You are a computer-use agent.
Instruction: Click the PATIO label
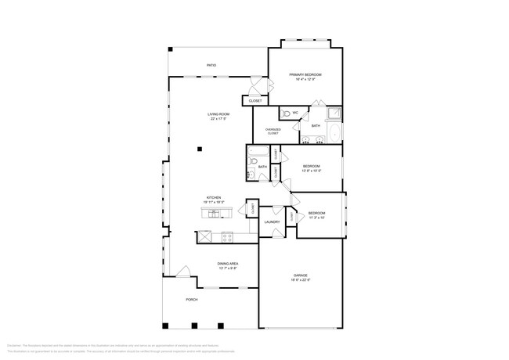[211, 66]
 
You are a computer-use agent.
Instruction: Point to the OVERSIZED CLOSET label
[273, 131]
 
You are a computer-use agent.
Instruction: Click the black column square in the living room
[200, 148]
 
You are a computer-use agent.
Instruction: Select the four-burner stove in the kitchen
[227, 236]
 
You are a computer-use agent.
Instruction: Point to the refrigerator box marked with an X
[204, 236]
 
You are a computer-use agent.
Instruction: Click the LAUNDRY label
[272, 222]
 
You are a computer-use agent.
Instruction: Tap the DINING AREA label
[227, 265]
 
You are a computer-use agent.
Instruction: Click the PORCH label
[192, 300]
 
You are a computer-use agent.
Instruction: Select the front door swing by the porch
[183, 272]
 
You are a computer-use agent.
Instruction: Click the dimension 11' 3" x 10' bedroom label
[316, 216]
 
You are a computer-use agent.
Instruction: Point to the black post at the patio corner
[170, 49]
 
